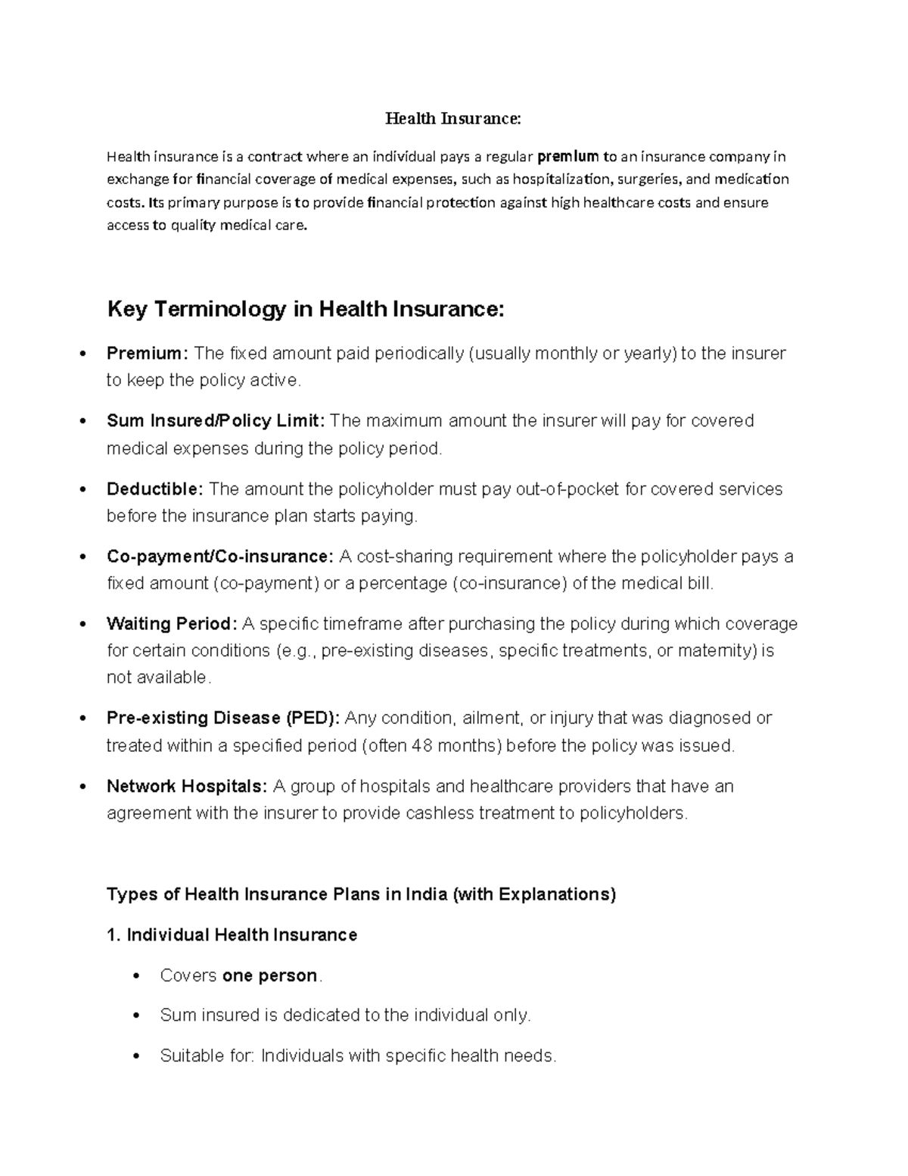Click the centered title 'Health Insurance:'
pyautogui.click(x=453, y=118)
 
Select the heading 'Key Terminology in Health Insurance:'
pyautogui.click(x=306, y=309)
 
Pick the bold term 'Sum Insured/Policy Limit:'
pyautogui.click(x=216, y=421)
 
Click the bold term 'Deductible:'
pyautogui.click(x=155, y=489)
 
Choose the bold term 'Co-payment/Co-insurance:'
pyautogui.click(x=219, y=557)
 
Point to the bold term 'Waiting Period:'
pyautogui.click(x=172, y=624)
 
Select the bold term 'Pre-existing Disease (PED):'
pyautogui.click(x=223, y=718)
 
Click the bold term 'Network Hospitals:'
pyautogui.click(x=187, y=786)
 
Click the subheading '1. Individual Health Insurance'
pyautogui.click(x=232, y=935)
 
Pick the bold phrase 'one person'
pyautogui.click(x=269, y=975)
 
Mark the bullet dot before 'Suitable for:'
pyautogui.click(x=136, y=1056)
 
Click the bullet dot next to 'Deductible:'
pyautogui.click(x=82, y=489)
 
